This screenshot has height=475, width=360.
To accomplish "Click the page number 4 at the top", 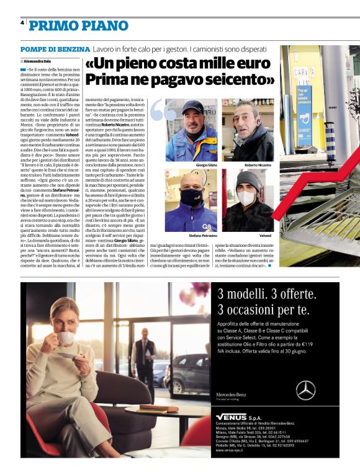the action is click(22, 22).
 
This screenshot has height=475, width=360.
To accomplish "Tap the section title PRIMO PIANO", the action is click(67, 25).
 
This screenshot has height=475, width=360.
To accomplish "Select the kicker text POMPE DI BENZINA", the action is click(54, 49).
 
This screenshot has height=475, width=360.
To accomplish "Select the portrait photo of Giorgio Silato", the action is click(192, 130).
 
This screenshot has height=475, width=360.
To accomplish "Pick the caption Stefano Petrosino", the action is click(189, 236).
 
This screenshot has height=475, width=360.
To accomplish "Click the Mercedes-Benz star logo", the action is click(305, 390).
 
